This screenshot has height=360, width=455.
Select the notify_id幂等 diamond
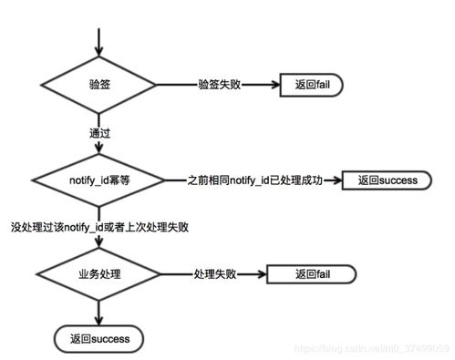pyautogui.click(x=99, y=180)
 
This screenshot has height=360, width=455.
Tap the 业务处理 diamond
pyautogui.click(x=99, y=274)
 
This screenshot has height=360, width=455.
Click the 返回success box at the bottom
pyautogui.click(x=99, y=338)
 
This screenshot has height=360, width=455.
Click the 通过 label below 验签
pyautogui.click(x=99, y=132)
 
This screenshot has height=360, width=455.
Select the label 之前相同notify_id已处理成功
pyautogui.click(x=256, y=180)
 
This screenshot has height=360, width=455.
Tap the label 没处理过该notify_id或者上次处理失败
pyautogui.click(x=106, y=226)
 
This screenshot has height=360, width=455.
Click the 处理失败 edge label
pyautogui.click(x=215, y=274)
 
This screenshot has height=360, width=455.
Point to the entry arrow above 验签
pyautogui.click(x=99, y=36)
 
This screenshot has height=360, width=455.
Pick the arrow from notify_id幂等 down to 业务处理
pyautogui.click(x=99, y=241)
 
